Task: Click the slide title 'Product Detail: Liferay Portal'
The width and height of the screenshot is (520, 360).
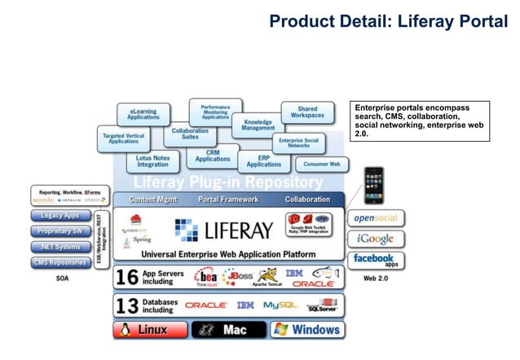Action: [388, 20]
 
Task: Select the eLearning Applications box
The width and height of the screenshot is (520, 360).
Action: [143, 113]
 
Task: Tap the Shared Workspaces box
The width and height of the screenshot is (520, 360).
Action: [307, 112]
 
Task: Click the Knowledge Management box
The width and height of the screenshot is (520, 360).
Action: [258, 124]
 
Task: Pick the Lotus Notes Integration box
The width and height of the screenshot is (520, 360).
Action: [152, 160]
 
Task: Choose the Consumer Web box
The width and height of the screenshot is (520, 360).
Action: [322, 164]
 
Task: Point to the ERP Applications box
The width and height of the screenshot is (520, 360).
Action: [264, 160]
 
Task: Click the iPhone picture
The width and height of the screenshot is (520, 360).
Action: [373, 185]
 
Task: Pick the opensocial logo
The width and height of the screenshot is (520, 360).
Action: [376, 218]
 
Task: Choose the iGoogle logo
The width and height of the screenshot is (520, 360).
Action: [376, 239]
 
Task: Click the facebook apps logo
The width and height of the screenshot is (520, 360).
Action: [376, 260]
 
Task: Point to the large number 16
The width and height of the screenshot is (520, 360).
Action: [126, 278]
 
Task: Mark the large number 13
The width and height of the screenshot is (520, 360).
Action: [126, 305]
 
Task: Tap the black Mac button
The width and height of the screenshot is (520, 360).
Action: [228, 330]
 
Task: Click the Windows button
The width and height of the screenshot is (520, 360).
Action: [306, 330]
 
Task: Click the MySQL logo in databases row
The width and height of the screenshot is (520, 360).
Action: [280, 305]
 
